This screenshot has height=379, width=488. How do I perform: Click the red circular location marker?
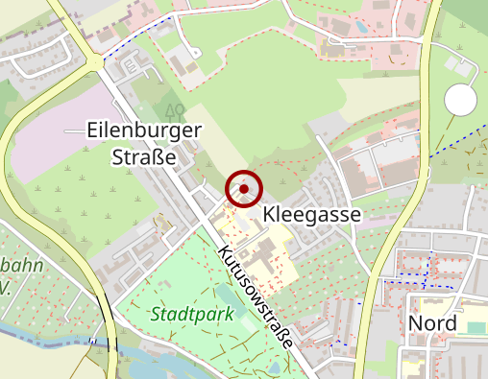[x=244, y=188]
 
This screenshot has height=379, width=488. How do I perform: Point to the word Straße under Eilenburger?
[x=144, y=156]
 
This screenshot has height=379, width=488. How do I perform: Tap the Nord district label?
[x=432, y=322]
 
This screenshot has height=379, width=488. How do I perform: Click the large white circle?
[x=461, y=100]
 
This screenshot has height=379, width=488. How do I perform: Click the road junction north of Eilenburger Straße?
[x=99, y=63]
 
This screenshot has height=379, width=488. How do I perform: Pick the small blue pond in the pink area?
[x=361, y=27]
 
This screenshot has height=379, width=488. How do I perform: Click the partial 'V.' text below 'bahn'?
[x=5, y=286]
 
